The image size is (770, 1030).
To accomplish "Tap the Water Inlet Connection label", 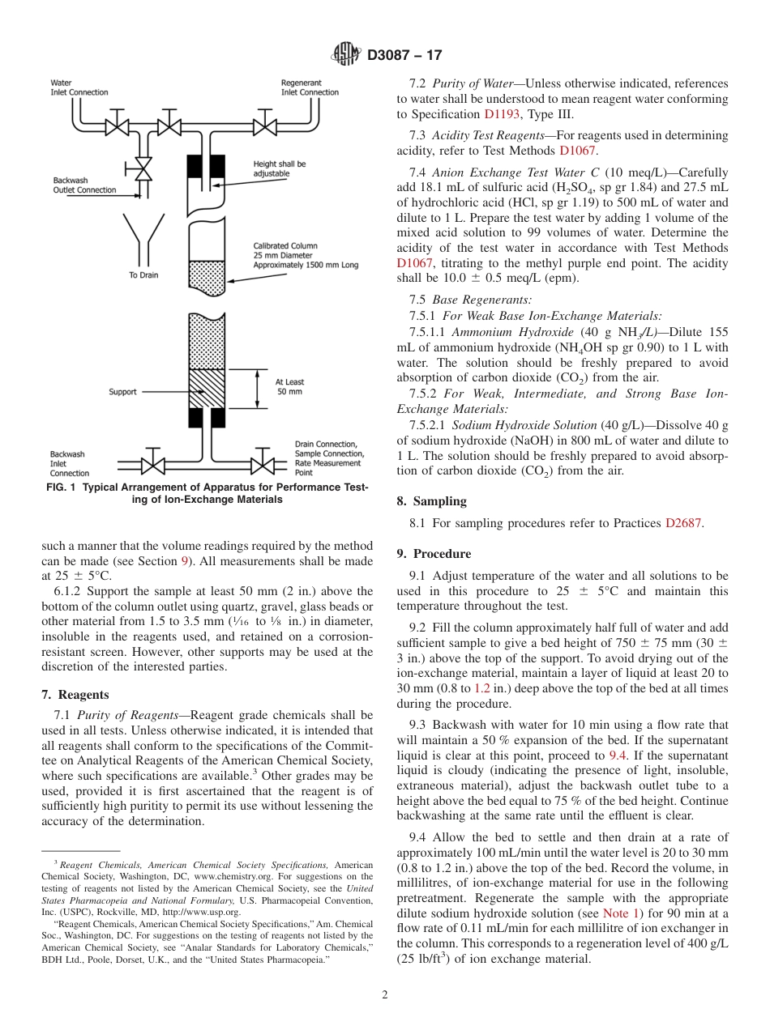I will [x=79, y=87].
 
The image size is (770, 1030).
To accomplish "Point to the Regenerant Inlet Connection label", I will [x=310, y=87].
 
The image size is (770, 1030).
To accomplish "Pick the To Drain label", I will [x=143, y=275].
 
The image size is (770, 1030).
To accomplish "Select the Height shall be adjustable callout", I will [x=280, y=168].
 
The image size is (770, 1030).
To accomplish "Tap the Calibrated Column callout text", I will [x=305, y=254].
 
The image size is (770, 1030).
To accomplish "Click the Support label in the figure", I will [x=123, y=392].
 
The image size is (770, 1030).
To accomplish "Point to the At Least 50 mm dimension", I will [x=289, y=387].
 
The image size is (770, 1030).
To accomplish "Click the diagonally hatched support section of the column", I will [x=207, y=389].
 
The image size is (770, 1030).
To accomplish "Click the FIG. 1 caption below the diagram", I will [x=207, y=493].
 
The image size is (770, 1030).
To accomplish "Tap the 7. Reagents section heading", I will [x=75, y=695].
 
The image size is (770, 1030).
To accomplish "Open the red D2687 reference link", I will [x=682, y=523].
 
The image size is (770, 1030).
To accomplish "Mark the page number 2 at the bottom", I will [x=384, y=995].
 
